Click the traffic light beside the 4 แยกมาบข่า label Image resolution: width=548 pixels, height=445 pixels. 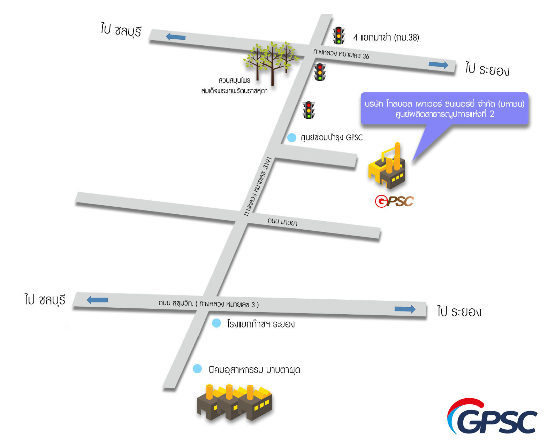(x=338, y=36)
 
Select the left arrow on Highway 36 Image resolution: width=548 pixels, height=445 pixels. (x=175, y=37)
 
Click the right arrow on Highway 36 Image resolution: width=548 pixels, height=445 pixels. (x=438, y=65)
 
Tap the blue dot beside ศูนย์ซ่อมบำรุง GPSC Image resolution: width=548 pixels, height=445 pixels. (x=291, y=138)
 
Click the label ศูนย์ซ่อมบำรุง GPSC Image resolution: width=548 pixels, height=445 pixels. (x=332, y=138)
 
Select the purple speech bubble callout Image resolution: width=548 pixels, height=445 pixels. (x=444, y=109)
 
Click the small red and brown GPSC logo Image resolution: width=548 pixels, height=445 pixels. (x=394, y=201)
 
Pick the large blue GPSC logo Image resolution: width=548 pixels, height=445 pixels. (x=492, y=417)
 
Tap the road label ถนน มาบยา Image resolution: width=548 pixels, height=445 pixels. (x=282, y=222)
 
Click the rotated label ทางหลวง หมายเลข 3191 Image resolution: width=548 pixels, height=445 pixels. (x=258, y=186)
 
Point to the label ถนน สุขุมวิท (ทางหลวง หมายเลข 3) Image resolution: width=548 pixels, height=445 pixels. (x=208, y=304)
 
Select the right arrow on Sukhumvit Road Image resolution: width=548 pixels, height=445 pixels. (x=405, y=309)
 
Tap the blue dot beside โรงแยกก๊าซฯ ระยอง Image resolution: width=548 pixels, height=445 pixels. (x=216, y=323)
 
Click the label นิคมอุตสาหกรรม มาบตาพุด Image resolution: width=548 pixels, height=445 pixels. (x=254, y=370)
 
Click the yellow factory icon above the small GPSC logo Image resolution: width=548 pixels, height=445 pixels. (x=387, y=167)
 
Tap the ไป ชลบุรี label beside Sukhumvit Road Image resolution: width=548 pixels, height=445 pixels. (x=45, y=300)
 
